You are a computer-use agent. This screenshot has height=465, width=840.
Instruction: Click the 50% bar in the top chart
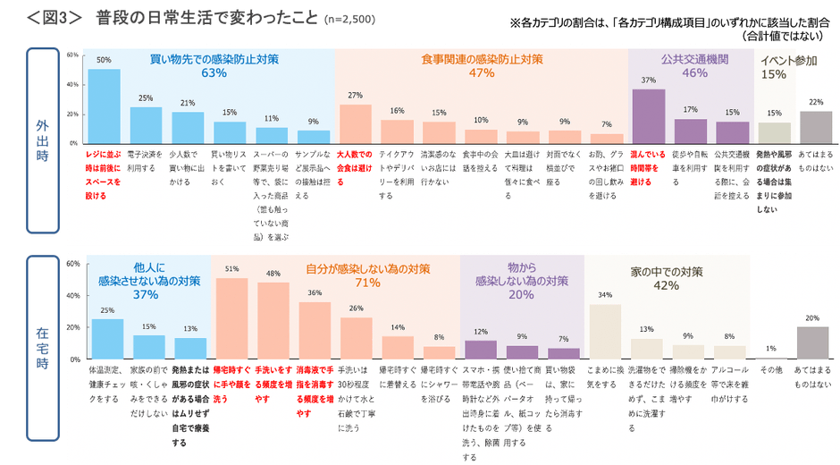point(104,106)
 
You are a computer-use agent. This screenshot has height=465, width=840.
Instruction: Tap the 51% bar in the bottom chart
point(231,318)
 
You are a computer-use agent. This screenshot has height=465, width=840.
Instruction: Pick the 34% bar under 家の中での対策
point(605,331)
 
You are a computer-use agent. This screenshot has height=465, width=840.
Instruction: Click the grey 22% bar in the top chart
point(814,126)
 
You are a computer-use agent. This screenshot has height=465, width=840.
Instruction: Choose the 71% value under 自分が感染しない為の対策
point(367,283)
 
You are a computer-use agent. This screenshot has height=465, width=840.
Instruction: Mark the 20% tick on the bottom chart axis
point(74,327)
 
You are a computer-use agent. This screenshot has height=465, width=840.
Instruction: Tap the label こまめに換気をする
point(603,376)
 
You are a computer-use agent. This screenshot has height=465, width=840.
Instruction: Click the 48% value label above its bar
point(273,273)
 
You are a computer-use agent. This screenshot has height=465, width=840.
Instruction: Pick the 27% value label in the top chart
point(355,95)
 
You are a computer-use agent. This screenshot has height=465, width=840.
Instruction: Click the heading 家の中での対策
point(666,270)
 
